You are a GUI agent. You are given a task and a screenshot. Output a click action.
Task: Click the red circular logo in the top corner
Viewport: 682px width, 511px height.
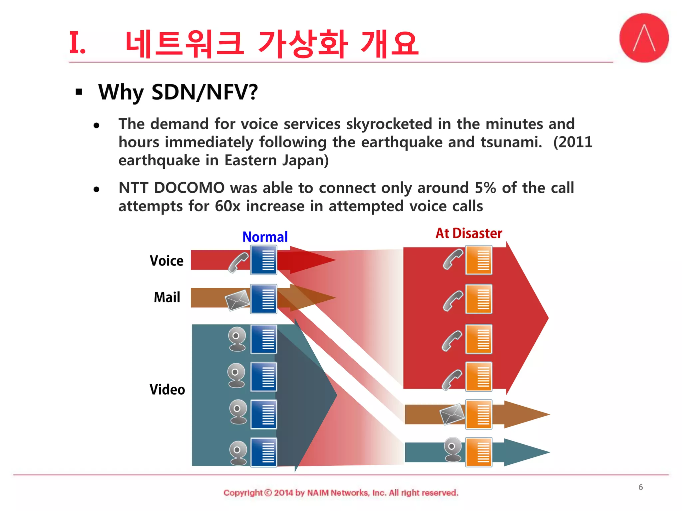[x=644, y=38]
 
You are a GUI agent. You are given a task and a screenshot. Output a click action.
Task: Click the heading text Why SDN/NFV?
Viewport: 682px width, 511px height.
[x=178, y=92]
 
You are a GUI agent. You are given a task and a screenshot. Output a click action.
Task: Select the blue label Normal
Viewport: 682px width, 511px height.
[x=265, y=237]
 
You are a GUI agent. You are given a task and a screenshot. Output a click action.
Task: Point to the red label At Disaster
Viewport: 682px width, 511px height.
[x=469, y=233]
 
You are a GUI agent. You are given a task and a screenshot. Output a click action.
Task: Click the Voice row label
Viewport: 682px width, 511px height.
[x=167, y=260]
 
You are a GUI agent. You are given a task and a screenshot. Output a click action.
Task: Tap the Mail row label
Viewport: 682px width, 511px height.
[x=167, y=297]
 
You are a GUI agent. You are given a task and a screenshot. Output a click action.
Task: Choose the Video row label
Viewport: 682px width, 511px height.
[x=167, y=390]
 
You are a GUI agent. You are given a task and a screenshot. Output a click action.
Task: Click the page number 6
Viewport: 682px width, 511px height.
[x=640, y=487]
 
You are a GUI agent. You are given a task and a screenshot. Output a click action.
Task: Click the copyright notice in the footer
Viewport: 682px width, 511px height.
[x=341, y=493]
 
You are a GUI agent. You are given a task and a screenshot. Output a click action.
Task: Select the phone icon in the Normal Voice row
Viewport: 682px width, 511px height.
[x=238, y=262]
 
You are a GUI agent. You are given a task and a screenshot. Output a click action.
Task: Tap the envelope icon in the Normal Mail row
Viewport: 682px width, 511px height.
[x=237, y=300]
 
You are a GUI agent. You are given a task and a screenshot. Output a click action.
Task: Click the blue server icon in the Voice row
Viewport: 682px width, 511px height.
[x=264, y=260]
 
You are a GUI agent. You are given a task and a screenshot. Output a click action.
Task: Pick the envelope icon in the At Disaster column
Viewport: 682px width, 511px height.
[x=452, y=414]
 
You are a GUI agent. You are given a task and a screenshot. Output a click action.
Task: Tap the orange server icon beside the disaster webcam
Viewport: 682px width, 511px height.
[x=479, y=452]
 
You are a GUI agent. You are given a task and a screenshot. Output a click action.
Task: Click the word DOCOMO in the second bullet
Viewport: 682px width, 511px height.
[x=189, y=188]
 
